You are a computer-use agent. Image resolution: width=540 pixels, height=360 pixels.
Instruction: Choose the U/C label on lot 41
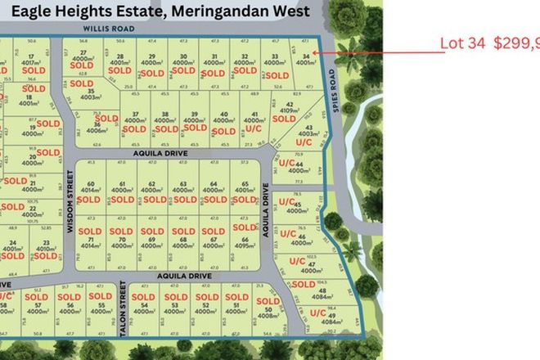pos(254,128)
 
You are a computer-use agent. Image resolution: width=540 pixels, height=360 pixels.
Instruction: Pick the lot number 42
pos(288,104)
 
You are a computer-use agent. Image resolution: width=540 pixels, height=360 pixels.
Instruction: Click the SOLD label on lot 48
pos(303,284)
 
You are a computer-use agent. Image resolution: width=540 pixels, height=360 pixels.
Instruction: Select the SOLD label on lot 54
pos(146,297)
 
